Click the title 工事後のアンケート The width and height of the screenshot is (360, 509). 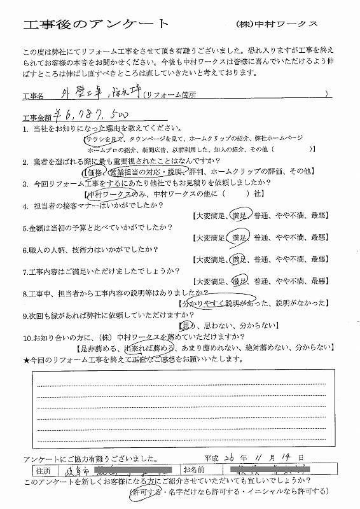coord(95,25)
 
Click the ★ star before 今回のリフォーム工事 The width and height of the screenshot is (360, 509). coord(25,359)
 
